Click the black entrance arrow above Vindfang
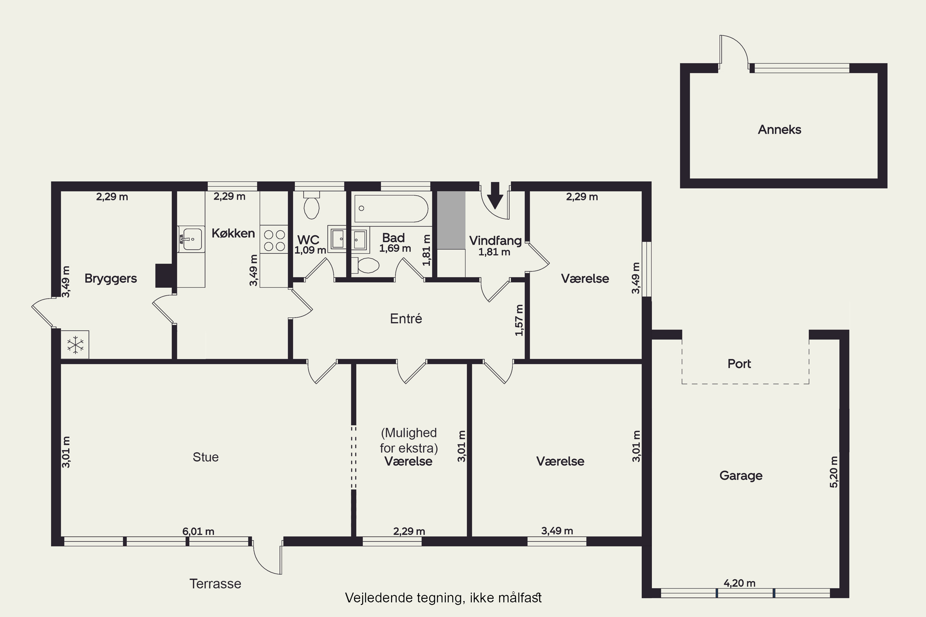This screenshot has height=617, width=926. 495,195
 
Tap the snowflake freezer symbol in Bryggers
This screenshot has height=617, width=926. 75,345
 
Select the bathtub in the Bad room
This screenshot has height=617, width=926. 391,209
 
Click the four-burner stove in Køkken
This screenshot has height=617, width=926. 274,240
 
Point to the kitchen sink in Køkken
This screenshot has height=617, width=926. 191,239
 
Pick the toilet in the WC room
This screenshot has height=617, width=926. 311,205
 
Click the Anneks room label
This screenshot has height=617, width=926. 780,130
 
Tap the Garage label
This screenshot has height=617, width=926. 741,476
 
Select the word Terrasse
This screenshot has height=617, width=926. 215,584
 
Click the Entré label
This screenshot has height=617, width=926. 406,318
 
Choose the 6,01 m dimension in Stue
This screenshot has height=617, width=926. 198,531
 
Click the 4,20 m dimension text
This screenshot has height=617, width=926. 739,583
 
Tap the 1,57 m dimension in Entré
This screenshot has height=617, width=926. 519,320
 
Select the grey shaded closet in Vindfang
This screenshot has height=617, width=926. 451,220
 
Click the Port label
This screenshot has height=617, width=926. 739,364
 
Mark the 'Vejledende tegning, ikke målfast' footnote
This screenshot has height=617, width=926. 443,598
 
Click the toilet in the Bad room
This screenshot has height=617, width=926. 365,265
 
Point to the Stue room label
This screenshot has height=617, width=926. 206,457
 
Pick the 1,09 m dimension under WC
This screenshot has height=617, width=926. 310,250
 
